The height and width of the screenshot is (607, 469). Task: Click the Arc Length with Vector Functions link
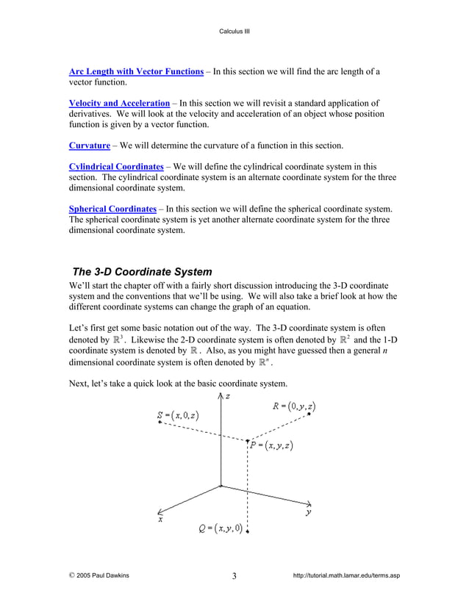tap(136, 71)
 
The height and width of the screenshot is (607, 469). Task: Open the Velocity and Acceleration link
tap(119, 104)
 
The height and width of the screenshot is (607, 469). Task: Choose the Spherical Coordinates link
tap(112, 209)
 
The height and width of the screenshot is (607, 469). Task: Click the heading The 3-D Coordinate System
tap(142, 270)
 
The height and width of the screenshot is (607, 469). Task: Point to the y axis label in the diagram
tap(309, 512)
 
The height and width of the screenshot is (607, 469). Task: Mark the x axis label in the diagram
tap(160, 519)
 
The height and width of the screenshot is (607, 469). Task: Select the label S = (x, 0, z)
tap(177, 416)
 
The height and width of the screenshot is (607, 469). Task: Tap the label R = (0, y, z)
tap(294, 406)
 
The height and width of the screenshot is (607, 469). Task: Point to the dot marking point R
tap(309, 414)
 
